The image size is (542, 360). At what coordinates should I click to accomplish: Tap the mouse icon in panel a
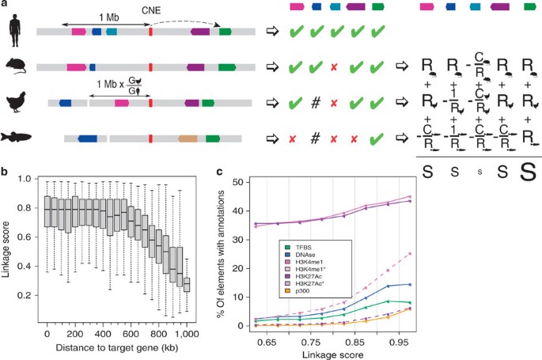[x=15, y=68]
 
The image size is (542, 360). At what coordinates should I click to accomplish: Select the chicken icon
[x=16, y=102]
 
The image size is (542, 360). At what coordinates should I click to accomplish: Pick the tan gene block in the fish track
[x=188, y=138]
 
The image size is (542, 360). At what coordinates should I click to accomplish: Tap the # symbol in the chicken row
[x=315, y=103]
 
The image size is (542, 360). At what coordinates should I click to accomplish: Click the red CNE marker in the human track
[x=150, y=32]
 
